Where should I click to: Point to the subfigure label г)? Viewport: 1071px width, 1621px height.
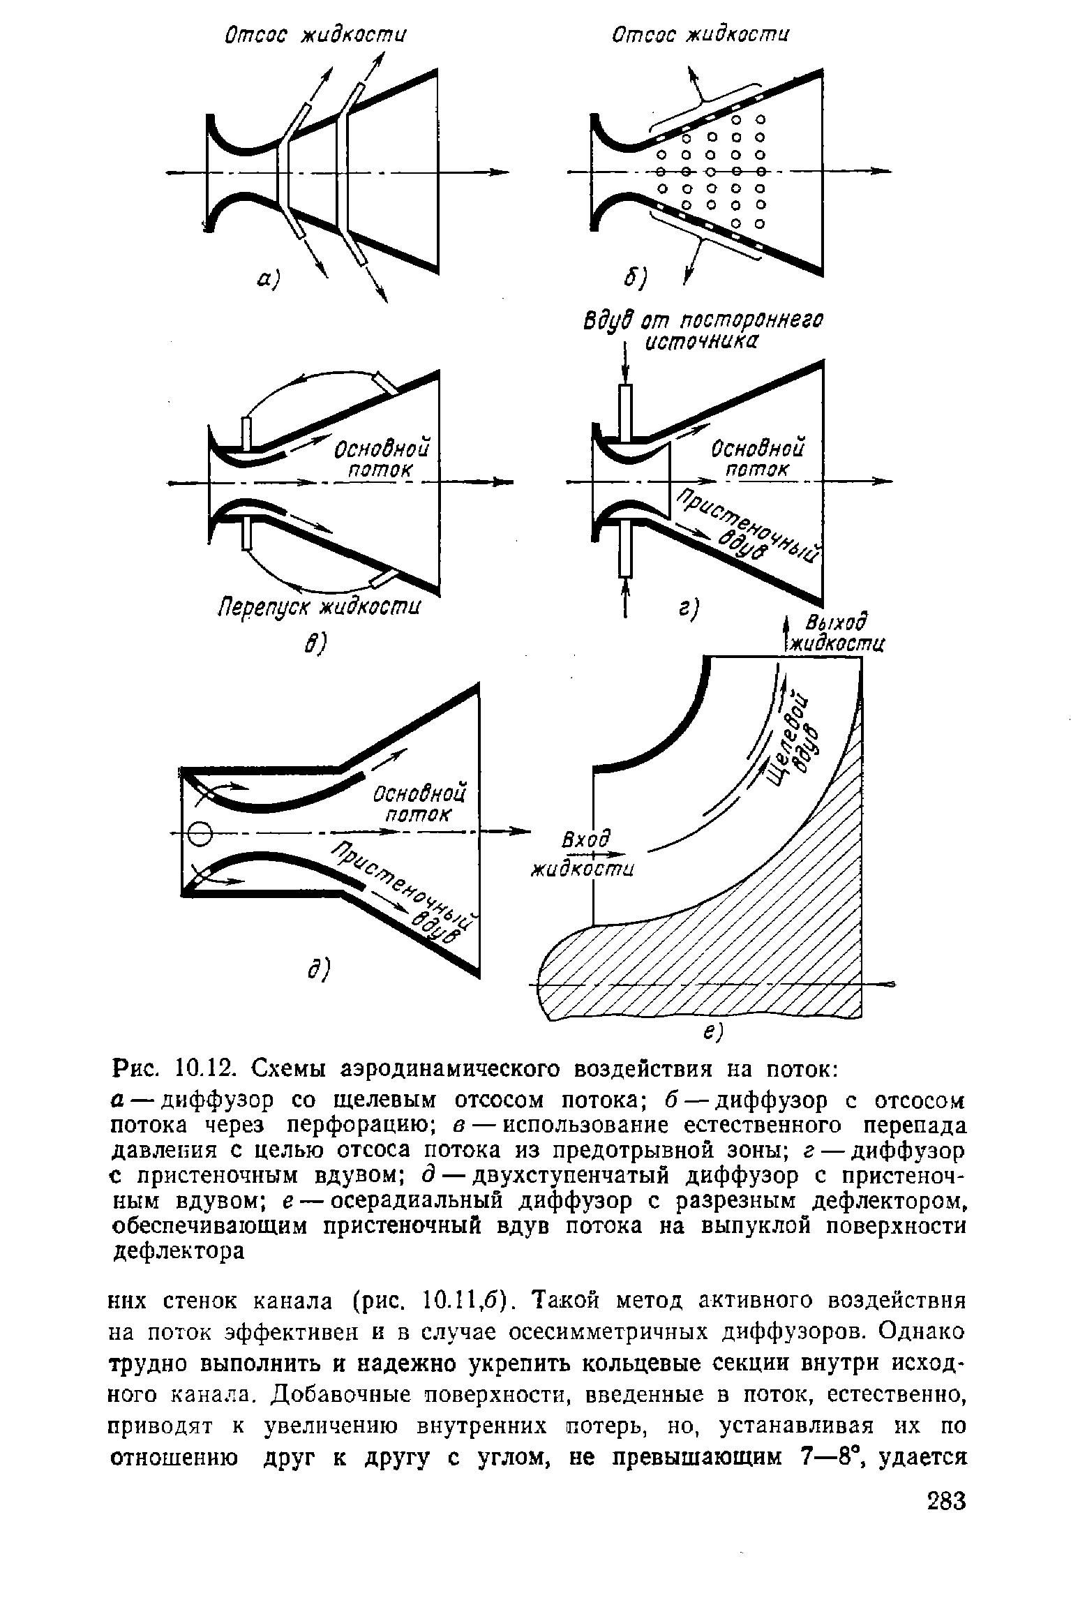point(689,609)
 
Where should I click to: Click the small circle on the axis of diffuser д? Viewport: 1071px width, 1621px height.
point(200,832)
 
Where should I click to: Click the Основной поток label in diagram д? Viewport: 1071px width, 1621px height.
point(419,804)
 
